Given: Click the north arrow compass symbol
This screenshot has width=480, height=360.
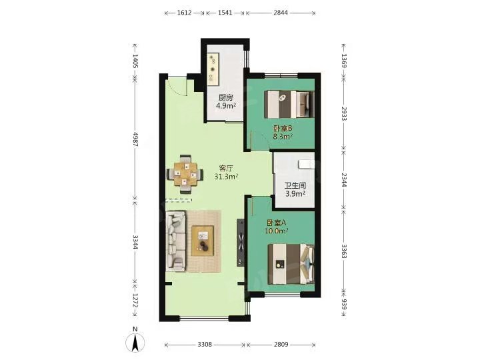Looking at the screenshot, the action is pyautogui.click(x=135, y=340).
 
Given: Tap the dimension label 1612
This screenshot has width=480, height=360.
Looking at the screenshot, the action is pyautogui.click(x=184, y=13).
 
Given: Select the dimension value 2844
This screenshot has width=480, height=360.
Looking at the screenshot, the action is pyautogui.click(x=281, y=13).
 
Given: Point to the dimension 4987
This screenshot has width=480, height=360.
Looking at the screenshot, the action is pyautogui.click(x=135, y=139).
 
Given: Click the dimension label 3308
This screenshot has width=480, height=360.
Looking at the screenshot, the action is pyautogui.click(x=205, y=345).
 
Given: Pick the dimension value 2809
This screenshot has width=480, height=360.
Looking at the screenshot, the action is pyautogui.click(x=281, y=345).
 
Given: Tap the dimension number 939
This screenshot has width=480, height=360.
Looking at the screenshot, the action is pyautogui.click(x=344, y=304).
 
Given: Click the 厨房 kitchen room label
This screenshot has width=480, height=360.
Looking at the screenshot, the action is pyautogui.click(x=225, y=98).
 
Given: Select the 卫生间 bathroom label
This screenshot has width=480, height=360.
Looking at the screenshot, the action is pyautogui.click(x=295, y=185).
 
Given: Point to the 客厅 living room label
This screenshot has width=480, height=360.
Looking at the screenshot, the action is pyautogui.click(x=227, y=169).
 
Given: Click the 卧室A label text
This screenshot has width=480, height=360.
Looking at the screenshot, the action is pyautogui.click(x=277, y=223).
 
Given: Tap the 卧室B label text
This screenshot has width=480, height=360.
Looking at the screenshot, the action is pyautogui.click(x=283, y=129).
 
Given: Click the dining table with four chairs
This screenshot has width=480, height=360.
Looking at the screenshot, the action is pyautogui.click(x=185, y=174).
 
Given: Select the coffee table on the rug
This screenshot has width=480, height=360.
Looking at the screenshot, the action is pyautogui.click(x=203, y=240).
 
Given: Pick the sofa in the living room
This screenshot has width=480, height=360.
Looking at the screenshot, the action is pyautogui.click(x=176, y=241).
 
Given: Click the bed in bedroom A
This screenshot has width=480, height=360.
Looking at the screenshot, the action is pyautogui.click(x=291, y=264).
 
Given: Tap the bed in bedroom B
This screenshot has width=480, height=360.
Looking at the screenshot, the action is pyautogui.click(x=289, y=104).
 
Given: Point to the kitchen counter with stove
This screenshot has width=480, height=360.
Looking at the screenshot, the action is pyautogui.click(x=213, y=70).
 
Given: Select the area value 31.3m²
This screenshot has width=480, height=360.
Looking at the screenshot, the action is pyautogui.click(x=227, y=177).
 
